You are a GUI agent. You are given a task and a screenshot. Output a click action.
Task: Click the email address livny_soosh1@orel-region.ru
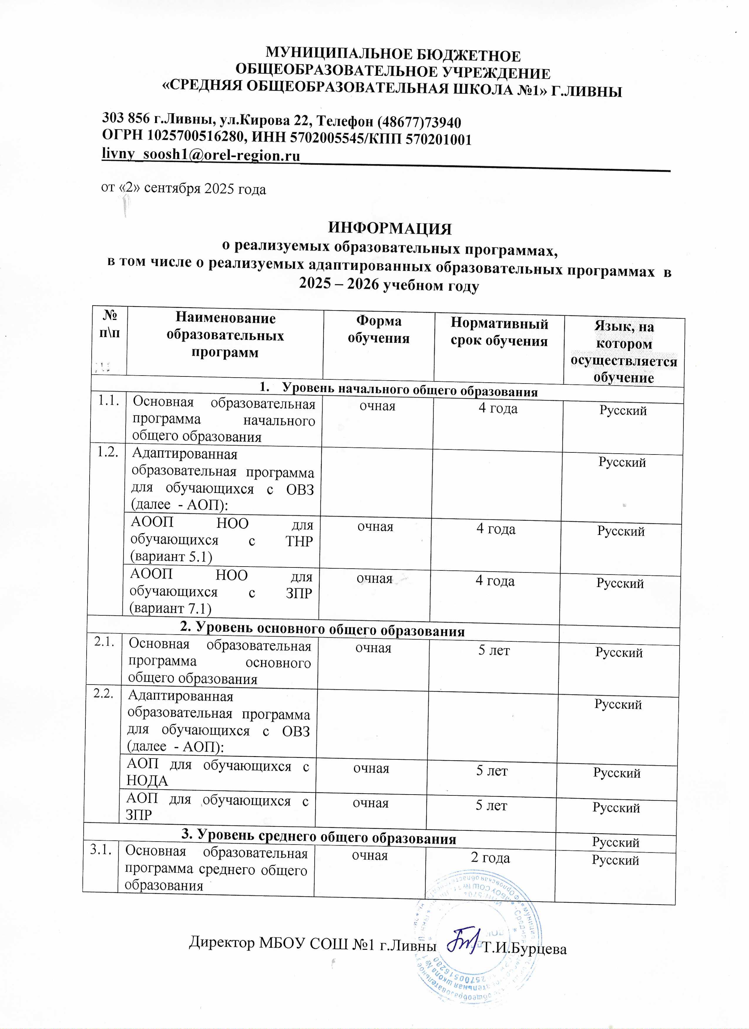click(201, 155)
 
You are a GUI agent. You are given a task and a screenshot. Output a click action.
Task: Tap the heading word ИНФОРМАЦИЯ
click(390, 228)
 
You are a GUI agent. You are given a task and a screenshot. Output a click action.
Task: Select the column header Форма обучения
click(378, 330)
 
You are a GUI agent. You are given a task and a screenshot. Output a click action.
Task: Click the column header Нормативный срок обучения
click(499, 332)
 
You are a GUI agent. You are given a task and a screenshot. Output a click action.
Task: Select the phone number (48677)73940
click(419, 123)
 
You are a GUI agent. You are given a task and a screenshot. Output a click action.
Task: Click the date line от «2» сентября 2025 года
click(183, 188)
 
